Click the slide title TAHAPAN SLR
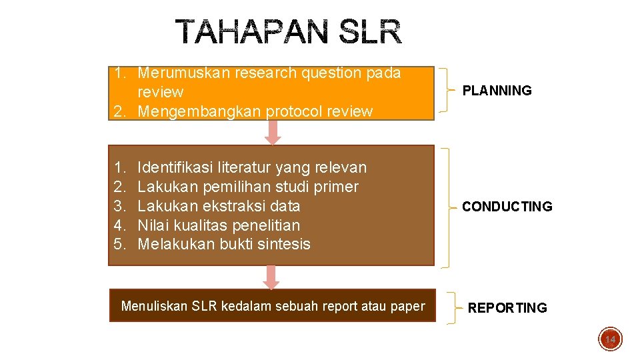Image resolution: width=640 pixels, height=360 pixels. pos(289,32)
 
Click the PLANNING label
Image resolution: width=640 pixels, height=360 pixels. pos(497,91)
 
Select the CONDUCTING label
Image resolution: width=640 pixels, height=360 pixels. pos(507,207)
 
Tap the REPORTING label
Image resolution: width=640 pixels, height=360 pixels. pos(507,308)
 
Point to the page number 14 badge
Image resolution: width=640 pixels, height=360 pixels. pos(609,339)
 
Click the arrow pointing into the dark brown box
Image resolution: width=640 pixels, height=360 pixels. pos(271,277)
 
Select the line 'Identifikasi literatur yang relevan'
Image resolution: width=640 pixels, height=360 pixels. pos(251,167)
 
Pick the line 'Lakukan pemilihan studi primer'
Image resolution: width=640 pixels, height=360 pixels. pos(247,187)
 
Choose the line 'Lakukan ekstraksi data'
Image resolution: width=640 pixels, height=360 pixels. pos(219,206)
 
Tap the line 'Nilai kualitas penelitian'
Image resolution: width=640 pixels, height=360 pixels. pos(219,225)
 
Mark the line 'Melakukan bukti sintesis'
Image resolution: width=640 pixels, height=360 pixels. pos(223,244)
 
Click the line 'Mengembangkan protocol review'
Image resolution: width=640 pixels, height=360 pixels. pos(255,111)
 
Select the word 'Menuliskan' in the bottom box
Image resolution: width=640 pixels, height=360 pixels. pos(154,307)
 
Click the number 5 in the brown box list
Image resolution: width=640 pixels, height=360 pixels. pos(118,244)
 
